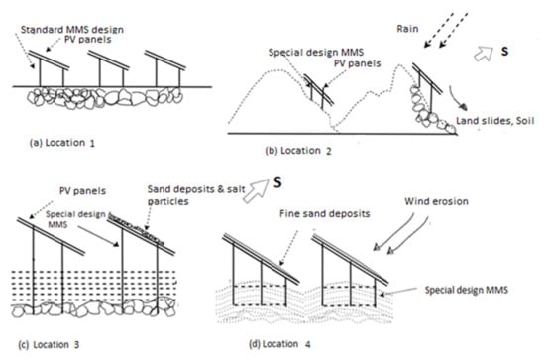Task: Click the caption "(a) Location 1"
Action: click(x=62, y=143)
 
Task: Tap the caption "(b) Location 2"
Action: click(x=298, y=151)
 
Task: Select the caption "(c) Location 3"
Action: click(x=49, y=345)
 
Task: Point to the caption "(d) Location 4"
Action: click(x=279, y=344)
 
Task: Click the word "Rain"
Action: click(x=407, y=29)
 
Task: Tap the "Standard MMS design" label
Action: click(x=72, y=29)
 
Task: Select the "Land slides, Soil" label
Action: click(x=495, y=121)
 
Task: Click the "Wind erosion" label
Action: click(x=436, y=201)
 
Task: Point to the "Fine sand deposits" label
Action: click(x=325, y=213)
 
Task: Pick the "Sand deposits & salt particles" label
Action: click(x=196, y=195)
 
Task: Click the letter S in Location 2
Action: click(x=504, y=52)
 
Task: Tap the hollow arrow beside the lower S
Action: click(x=257, y=189)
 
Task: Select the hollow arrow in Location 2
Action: click(x=484, y=54)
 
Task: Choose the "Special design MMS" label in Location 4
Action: click(x=467, y=290)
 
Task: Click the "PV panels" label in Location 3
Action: click(x=82, y=191)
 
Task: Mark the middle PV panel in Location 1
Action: click(x=108, y=60)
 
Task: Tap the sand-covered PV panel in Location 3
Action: click(x=141, y=235)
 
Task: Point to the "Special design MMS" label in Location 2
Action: click(x=316, y=53)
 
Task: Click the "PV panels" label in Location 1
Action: click(x=88, y=39)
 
